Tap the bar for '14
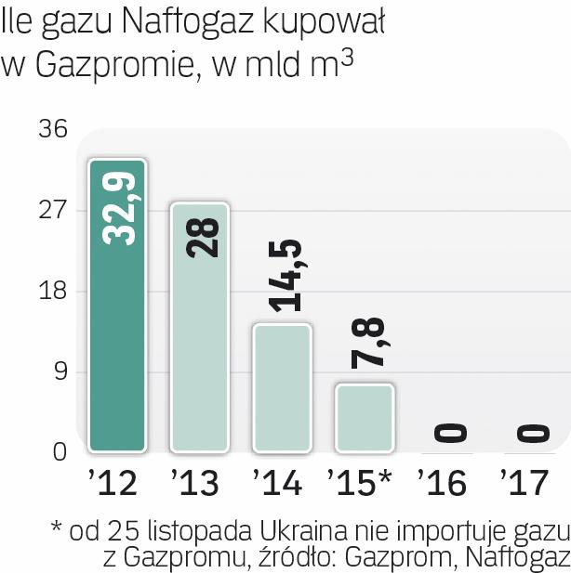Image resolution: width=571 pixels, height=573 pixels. pos(282,388)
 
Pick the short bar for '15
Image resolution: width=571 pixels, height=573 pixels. pos(364,418)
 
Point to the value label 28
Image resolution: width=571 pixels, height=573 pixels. pos(201,237)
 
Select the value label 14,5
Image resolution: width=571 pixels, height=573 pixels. pos(284,276)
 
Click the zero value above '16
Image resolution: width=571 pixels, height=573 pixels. pos(448,433)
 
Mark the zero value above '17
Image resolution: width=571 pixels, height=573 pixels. pos(530,433)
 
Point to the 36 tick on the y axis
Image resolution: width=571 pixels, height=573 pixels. pos(53,129)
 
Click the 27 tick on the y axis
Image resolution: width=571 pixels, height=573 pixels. pos(53,210)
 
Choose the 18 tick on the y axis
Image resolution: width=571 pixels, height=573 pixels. pos(53,292)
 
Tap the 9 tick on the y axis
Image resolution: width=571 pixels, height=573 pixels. pos(60,372)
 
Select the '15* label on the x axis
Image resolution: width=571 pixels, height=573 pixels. pos(360,483)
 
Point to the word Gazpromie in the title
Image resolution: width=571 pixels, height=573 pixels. pos(110,65)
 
